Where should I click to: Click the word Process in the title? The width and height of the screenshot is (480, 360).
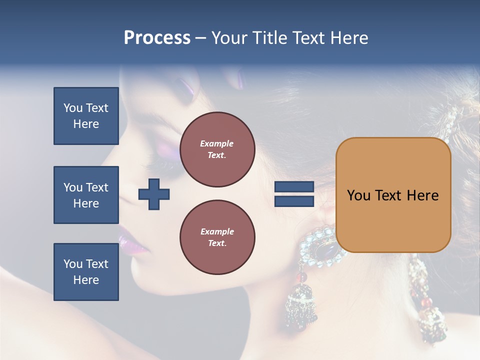point(157,38)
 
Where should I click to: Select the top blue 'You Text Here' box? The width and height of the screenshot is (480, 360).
point(86,116)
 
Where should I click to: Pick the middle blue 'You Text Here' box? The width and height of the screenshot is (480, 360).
point(86,195)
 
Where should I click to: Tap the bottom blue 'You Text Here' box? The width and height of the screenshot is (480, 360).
point(86,272)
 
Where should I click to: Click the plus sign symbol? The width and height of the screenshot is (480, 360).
point(154,194)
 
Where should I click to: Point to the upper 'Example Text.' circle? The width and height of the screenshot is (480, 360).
point(217,149)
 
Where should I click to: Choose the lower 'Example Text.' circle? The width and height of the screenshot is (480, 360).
point(217,237)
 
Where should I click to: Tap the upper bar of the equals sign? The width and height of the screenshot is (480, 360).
point(294,187)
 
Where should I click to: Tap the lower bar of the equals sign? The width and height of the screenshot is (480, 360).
point(294,201)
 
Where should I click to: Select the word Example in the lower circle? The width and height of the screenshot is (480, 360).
point(217,231)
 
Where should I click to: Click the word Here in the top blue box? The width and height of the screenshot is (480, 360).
point(86,124)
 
